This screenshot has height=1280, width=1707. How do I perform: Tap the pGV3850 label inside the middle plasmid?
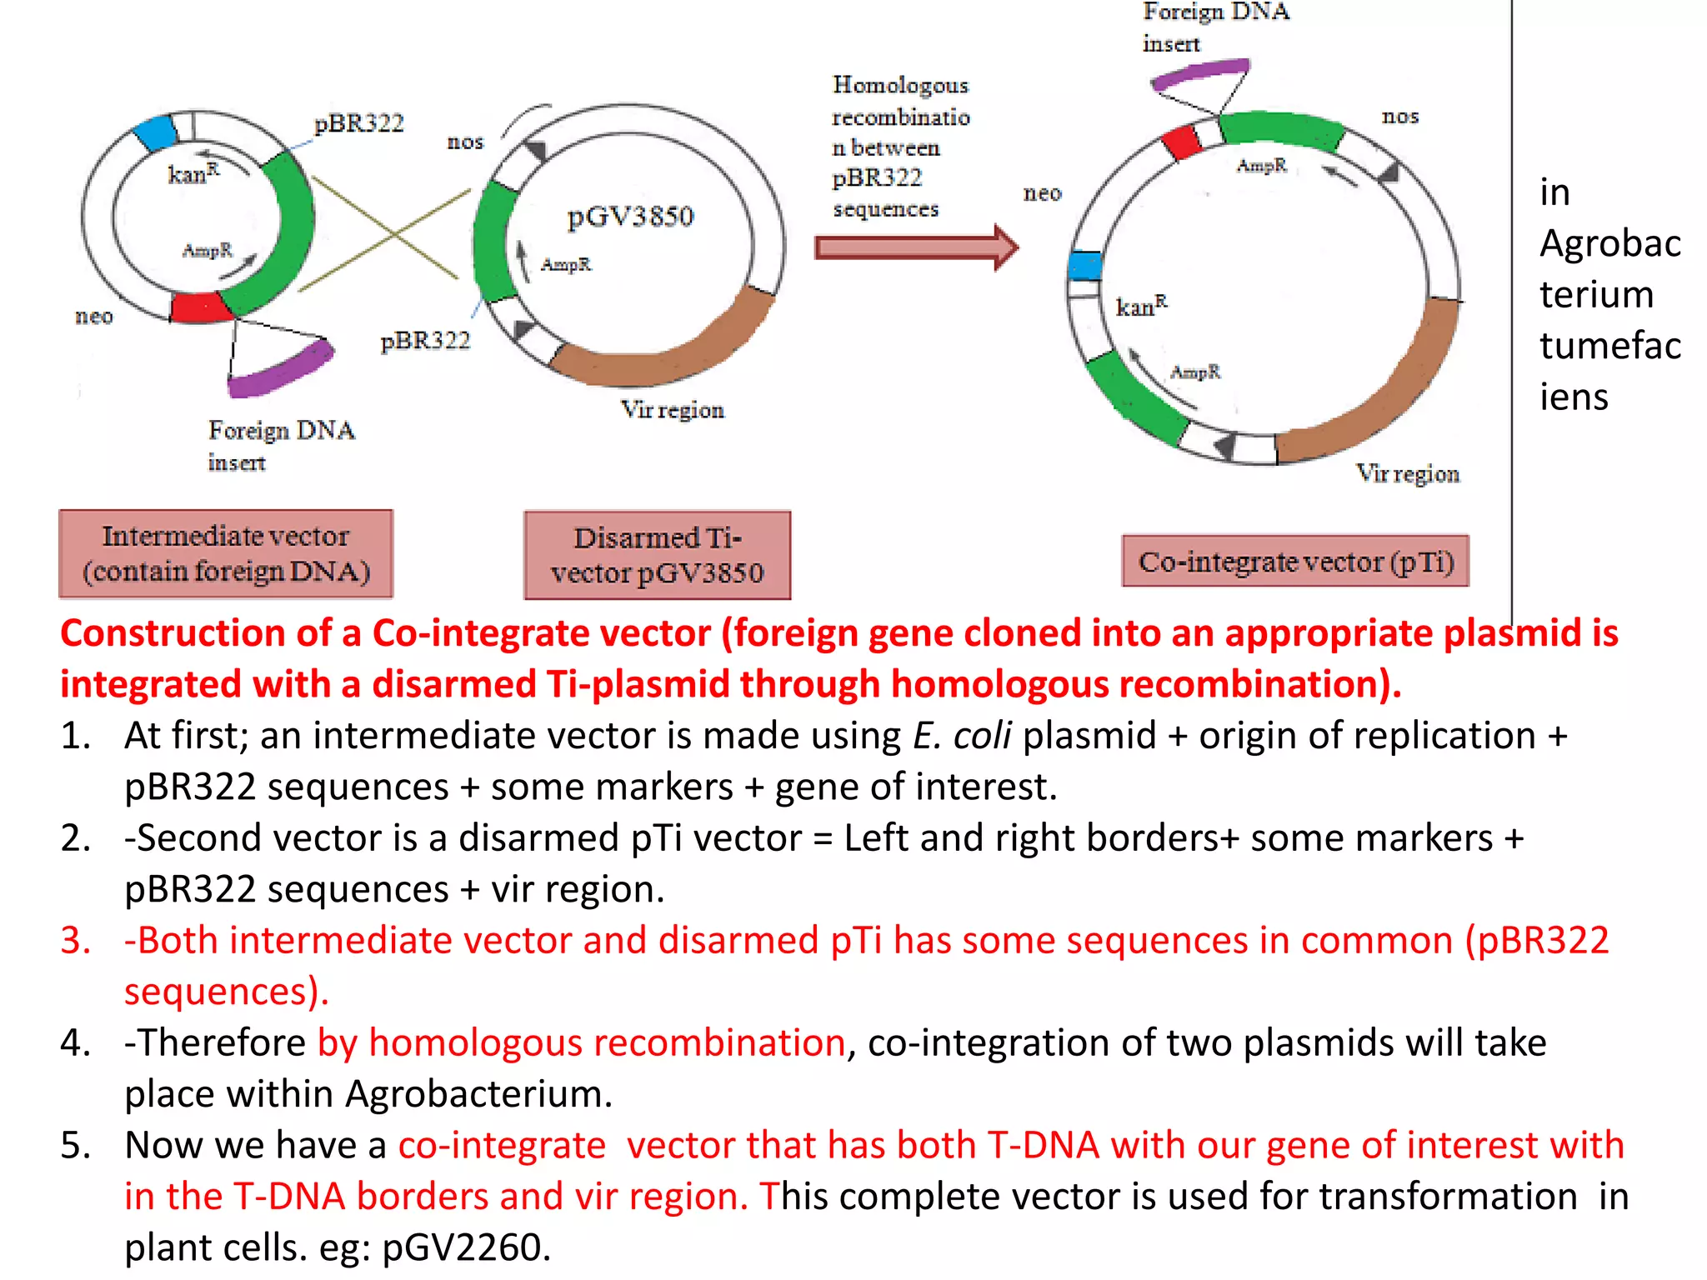pos(630,217)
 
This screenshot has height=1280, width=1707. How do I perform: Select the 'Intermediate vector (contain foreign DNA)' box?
pos(225,553)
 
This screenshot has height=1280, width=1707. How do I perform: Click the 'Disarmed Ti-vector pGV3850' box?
pos(657,555)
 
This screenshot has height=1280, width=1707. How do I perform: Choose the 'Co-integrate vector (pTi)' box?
pos(1295,562)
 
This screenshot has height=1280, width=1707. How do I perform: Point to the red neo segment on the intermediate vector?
pos(200,307)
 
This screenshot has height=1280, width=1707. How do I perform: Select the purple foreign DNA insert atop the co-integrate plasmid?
pos(1200,74)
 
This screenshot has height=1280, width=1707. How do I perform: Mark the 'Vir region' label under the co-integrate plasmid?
pos(1407,473)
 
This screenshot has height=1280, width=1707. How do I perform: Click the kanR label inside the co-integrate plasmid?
pos(1141,306)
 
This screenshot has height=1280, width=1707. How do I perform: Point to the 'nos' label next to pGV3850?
pos(464,142)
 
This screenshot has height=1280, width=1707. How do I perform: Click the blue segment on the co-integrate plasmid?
pos(1084,266)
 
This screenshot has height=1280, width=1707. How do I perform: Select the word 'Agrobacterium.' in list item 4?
pos(478,1093)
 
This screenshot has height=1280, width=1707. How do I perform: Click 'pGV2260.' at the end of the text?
pos(466,1247)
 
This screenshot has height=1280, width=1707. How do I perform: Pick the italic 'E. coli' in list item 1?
pos(961,736)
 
